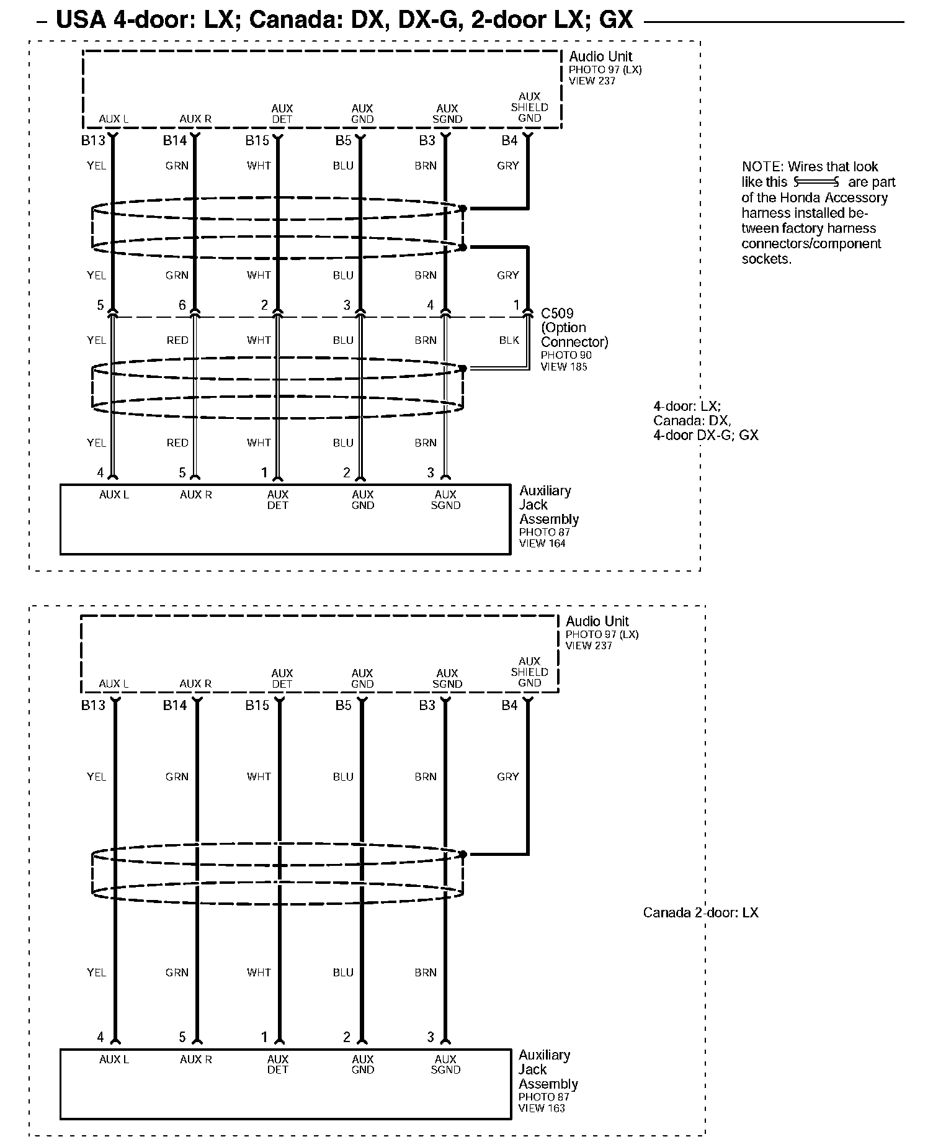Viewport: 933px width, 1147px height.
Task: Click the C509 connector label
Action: pyautogui.click(x=557, y=313)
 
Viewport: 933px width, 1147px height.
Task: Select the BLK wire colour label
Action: pyautogui.click(x=509, y=340)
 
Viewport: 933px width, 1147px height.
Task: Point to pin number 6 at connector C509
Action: pyautogui.click(x=182, y=305)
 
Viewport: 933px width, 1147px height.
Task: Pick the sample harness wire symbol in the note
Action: pyautogui.click(x=816, y=182)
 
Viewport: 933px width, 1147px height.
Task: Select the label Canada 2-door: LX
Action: pyautogui.click(x=700, y=913)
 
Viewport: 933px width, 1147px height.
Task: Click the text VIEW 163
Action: pyautogui.click(x=542, y=1108)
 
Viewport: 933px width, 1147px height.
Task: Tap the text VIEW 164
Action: pyautogui.click(x=542, y=543)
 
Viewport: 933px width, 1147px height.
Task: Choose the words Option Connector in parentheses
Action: pyautogui.click(x=574, y=335)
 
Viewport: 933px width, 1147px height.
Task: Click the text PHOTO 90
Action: pyautogui.click(x=566, y=355)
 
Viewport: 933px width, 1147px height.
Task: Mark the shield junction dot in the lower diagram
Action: pyautogui.click(x=463, y=855)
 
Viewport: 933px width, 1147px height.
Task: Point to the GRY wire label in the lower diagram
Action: pyautogui.click(x=507, y=776)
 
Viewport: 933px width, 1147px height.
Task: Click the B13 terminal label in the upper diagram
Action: pyautogui.click(x=93, y=141)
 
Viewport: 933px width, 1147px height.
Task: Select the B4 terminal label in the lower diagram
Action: pyautogui.click(x=509, y=705)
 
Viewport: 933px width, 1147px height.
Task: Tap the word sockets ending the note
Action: pyautogui.click(x=767, y=259)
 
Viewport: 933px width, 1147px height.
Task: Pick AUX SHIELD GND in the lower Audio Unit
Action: pyautogui.click(x=529, y=672)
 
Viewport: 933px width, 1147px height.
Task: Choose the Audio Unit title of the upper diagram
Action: pyautogui.click(x=600, y=56)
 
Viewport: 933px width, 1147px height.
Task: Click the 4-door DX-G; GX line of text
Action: pyautogui.click(x=705, y=435)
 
